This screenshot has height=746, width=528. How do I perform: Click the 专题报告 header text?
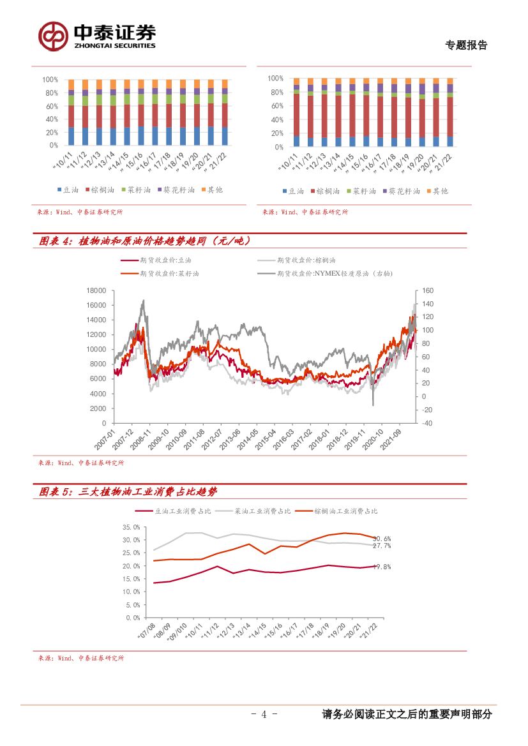[466, 45]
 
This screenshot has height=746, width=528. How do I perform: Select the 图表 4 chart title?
[144, 241]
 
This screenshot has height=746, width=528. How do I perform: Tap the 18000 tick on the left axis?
[96, 290]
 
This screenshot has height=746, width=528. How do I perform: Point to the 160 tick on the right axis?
[428, 290]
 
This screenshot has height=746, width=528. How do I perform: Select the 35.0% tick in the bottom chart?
[131, 527]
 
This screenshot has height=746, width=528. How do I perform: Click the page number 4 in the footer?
[264, 715]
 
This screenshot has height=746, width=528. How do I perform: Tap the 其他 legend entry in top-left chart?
[212, 190]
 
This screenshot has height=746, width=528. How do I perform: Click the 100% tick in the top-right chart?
[276, 78]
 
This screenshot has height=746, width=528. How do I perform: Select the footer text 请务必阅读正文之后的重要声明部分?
[407, 715]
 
